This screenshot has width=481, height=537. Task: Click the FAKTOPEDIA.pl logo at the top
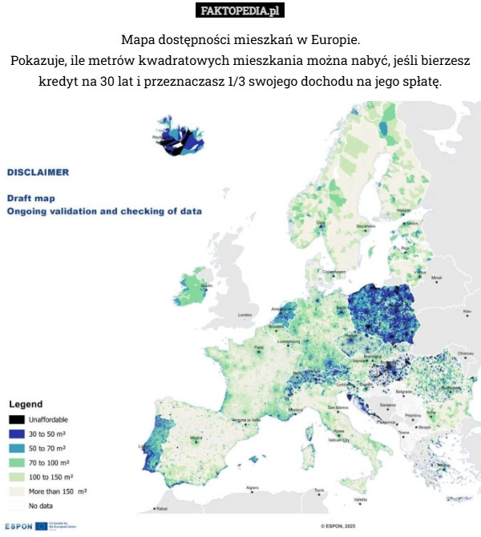tap(240, 10)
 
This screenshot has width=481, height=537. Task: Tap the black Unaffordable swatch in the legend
tap(16, 419)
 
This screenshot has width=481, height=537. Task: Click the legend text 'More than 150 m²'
tap(58, 491)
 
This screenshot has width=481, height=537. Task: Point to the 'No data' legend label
tap(42, 506)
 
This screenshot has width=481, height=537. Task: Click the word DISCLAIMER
tap(38, 172)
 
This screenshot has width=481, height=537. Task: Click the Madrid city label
tap(196, 438)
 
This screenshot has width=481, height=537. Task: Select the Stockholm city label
tap(366, 227)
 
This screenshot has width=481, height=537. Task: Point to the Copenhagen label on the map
tap(334, 272)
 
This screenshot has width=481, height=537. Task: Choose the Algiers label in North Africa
tap(252, 487)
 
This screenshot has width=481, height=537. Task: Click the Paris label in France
tap(258, 348)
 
